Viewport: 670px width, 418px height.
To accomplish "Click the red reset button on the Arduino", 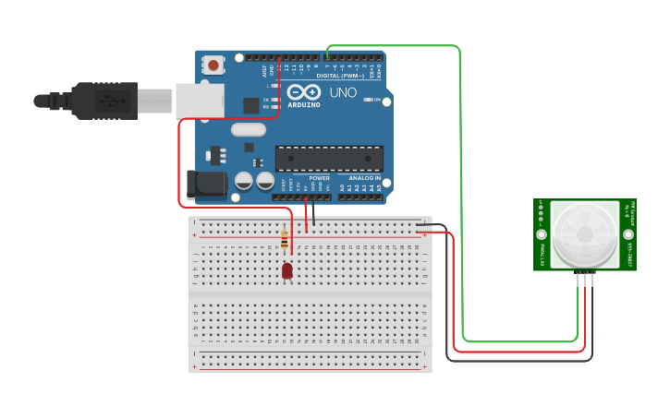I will click(213, 66).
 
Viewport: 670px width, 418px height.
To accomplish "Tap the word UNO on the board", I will click(343, 92).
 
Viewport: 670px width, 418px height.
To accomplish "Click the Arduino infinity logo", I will click(304, 92).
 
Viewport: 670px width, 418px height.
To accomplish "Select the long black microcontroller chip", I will click(329, 158).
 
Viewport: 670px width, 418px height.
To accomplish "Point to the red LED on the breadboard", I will click(287, 270).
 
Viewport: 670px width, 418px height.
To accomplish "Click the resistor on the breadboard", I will click(284, 240).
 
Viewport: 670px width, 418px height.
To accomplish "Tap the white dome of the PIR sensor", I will click(584, 234).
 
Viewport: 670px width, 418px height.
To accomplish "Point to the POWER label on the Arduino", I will click(320, 178).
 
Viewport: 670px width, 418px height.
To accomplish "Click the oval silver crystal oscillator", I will click(248, 129).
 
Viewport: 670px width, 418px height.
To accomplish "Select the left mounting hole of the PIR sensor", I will click(542, 234).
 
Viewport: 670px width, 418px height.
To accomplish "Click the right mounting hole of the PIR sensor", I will click(628, 234).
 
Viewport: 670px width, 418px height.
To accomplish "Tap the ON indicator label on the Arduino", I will click(377, 100).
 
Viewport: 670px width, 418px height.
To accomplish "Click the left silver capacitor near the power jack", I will click(244, 180).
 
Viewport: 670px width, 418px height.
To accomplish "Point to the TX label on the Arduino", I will click(266, 100).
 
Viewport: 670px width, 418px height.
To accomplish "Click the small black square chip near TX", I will click(250, 105).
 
